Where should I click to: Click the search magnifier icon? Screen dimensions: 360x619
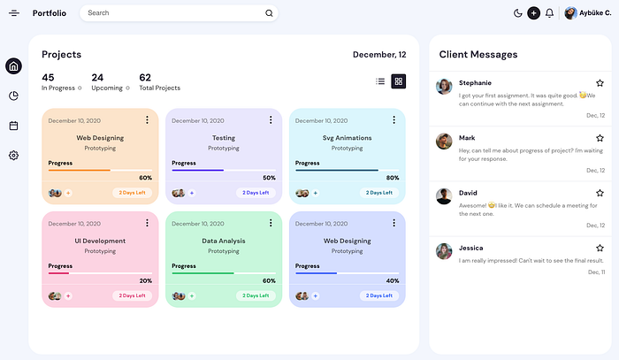[269, 13]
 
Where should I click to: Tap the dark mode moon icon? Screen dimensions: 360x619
[518, 13]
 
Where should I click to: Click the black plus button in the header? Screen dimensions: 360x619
[533, 13]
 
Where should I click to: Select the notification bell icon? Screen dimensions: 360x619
[549, 13]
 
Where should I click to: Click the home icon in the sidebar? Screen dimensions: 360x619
[13, 66]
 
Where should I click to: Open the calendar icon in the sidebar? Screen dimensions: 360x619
[13, 126]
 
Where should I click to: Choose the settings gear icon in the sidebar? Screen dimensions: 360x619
[13, 156]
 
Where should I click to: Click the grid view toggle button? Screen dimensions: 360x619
[399, 81]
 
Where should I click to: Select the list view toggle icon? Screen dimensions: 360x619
[380, 81]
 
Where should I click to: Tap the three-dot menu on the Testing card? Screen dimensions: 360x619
[271, 120]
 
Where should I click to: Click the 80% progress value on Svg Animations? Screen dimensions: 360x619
[393, 178]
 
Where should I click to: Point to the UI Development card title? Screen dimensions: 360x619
[100, 241]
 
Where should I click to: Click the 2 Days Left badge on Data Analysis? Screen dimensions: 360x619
[256, 295]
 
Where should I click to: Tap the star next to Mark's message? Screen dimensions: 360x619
[600, 138]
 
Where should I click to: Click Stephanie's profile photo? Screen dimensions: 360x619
[444, 86]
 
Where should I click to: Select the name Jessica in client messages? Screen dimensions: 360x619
[472, 249]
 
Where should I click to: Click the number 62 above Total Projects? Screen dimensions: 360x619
[145, 78]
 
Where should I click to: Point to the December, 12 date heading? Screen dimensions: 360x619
[379, 55]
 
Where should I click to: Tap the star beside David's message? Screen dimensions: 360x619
[600, 193]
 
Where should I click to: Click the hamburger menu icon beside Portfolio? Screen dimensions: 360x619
[13, 13]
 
